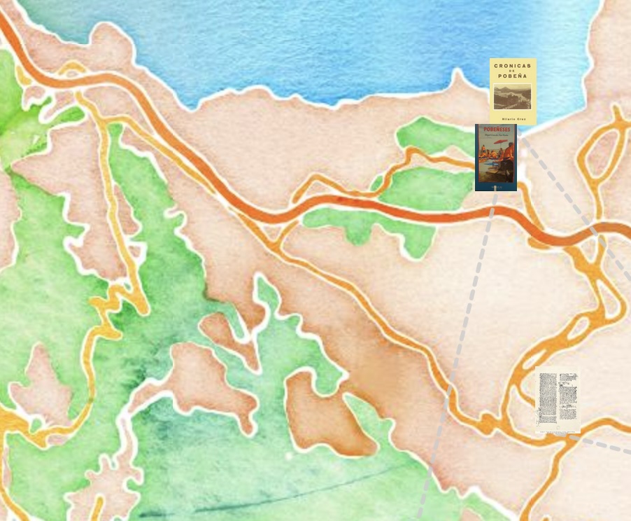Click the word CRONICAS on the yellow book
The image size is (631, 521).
pyautogui.click(x=513, y=66)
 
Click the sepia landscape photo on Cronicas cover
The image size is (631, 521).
pyautogui.click(x=513, y=97)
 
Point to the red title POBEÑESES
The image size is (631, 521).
pyautogui.click(x=495, y=130)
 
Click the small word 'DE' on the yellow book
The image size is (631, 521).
pyautogui.click(x=513, y=71)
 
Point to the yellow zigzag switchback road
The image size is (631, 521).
pyautogui.click(x=112, y=308)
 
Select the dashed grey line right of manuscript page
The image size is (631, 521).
pyautogui.click(x=605, y=445)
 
